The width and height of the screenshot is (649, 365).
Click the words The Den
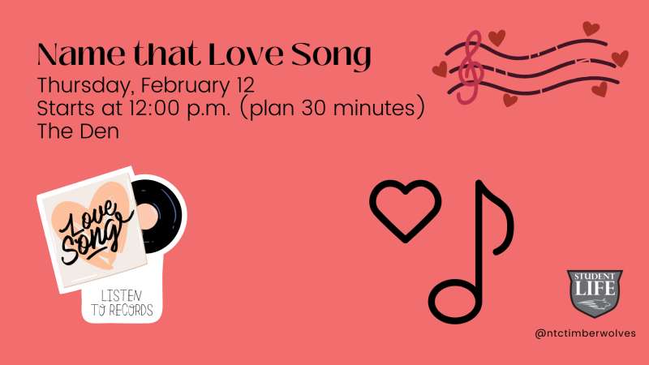[78, 131]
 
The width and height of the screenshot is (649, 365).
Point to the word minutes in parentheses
[379, 108]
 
